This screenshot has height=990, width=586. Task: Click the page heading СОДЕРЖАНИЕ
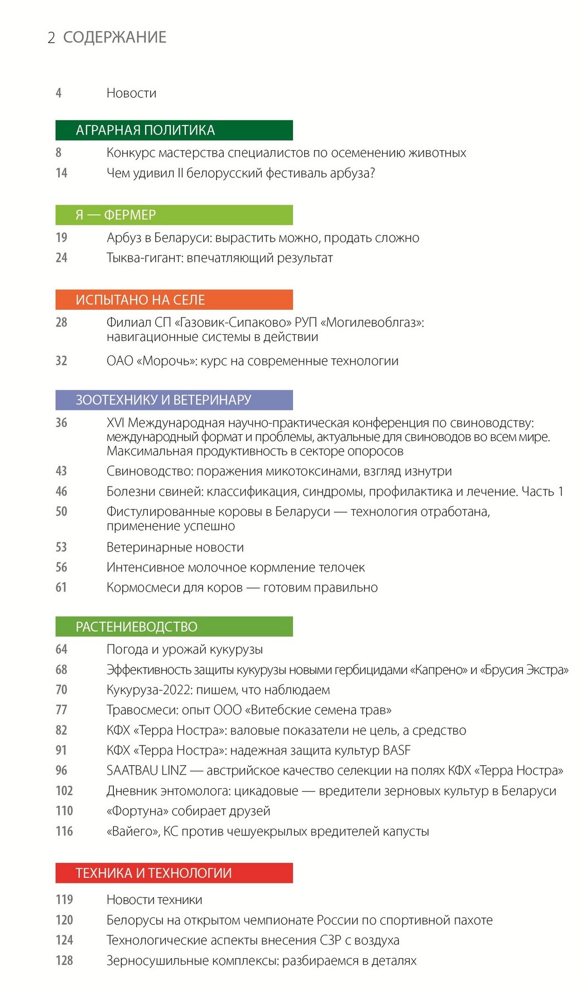pyautogui.click(x=114, y=37)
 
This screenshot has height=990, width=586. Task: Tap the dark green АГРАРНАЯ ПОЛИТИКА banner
pyautogui.click(x=174, y=130)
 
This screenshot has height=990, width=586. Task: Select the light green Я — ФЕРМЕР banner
pyautogui.click(x=174, y=215)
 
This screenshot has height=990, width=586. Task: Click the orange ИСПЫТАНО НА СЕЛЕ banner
pyautogui.click(x=174, y=300)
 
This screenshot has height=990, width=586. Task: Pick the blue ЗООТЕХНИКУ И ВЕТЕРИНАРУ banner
pyautogui.click(x=174, y=400)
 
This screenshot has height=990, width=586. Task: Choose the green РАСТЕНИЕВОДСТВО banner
pyautogui.click(x=174, y=627)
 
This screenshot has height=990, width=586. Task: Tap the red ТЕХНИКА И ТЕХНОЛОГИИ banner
pyautogui.click(x=174, y=873)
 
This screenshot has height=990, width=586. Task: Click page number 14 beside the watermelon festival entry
pyautogui.click(x=61, y=173)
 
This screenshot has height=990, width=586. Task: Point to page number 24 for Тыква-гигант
pyautogui.click(x=61, y=258)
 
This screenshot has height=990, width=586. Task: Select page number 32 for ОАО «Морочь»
pyautogui.click(x=61, y=361)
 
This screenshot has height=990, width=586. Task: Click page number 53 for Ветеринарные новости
pyautogui.click(x=61, y=547)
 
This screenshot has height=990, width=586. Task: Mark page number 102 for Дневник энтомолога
pyautogui.click(x=64, y=791)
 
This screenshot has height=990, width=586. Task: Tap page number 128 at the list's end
pyautogui.click(x=64, y=960)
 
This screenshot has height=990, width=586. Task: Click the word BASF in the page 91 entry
pyautogui.click(x=396, y=751)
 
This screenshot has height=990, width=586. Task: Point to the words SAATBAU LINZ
pyautogui.click(x=146, y=771)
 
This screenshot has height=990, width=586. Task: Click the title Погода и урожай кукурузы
pyautogui.click(x=184, y=650)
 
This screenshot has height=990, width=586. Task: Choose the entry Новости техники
pyautogui.click(x=154, y=900)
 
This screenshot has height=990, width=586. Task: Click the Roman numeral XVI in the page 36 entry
pyautogui.click(x=116, y=423)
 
